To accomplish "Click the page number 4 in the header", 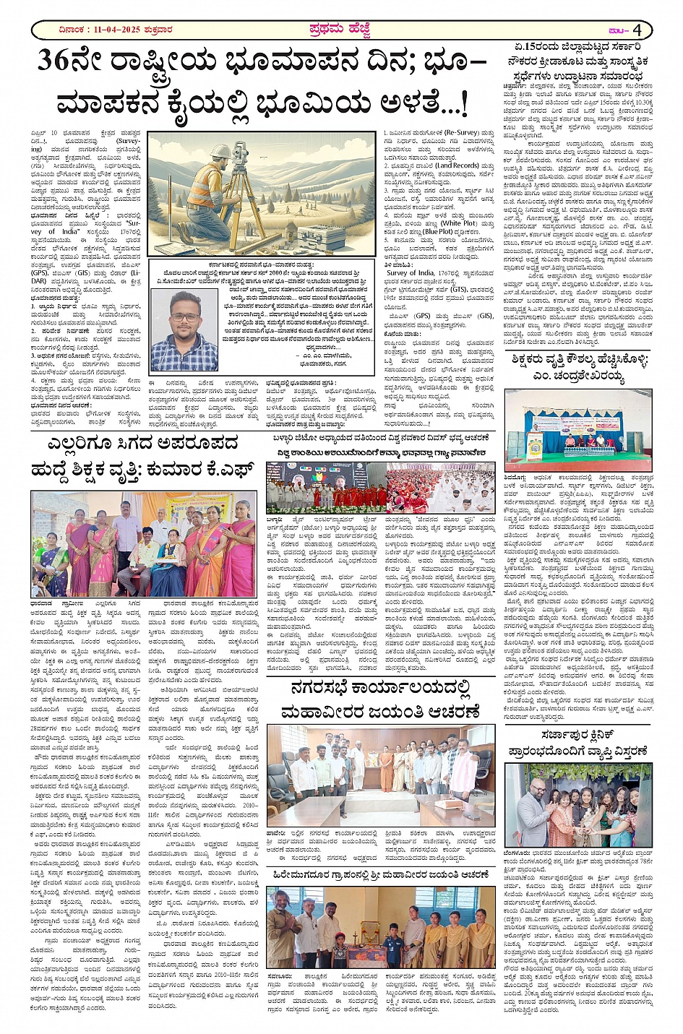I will pos(637,30).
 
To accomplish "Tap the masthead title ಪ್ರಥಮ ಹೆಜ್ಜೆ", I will pos(339,30).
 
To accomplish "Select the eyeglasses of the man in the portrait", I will pos(183,317).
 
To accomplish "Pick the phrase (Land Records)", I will pos(457,165).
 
